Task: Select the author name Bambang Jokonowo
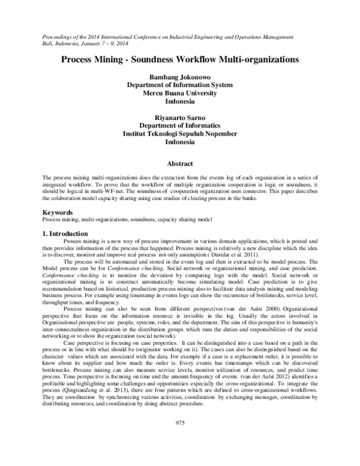pyautogui.click(x=180, y=77)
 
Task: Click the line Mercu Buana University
pyautogui.click(x=180, y=93)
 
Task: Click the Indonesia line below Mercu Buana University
pyautogui.click(x=180, y=101)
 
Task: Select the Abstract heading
pyautogui.click(x=180, y=164)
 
